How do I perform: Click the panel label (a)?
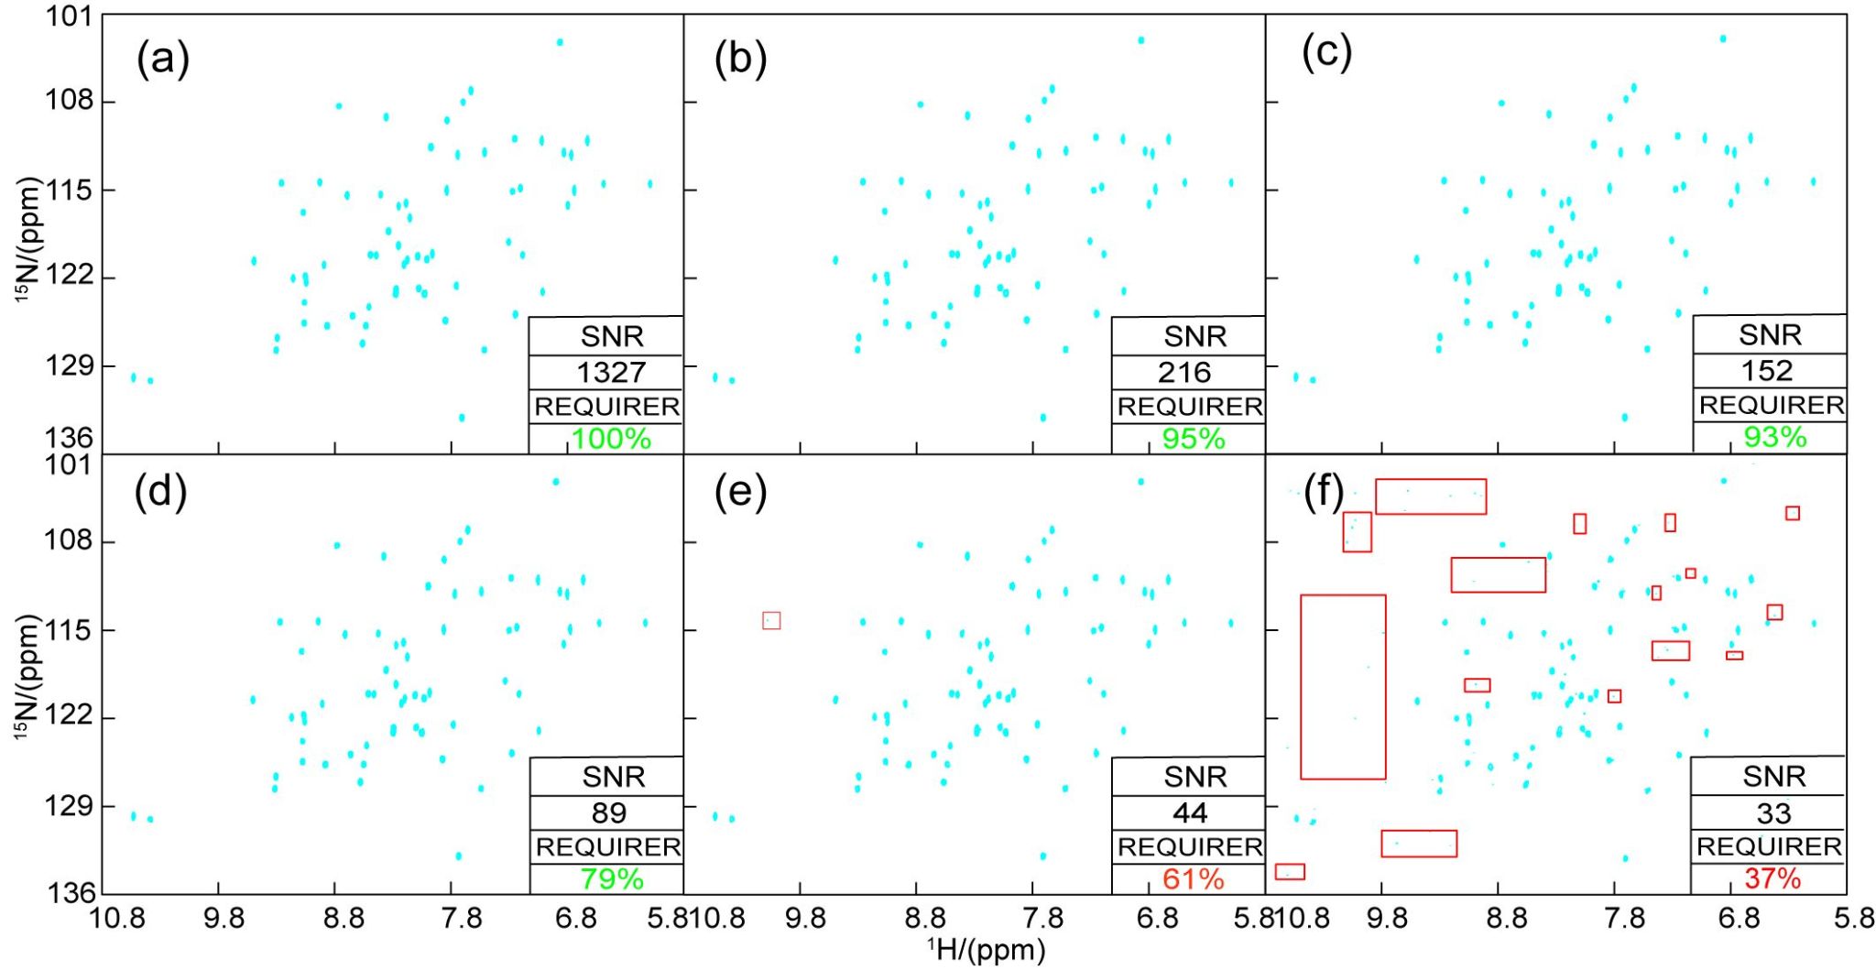click(163, 60)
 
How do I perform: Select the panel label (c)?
click(1326, 53)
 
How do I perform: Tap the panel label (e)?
click(740, 492)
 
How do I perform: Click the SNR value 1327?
click(611, 372)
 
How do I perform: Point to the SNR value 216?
click(1184, 372)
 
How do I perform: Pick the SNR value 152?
click(1767, 370)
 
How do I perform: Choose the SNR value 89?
click(609, 812)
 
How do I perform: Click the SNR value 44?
click(1190, 812)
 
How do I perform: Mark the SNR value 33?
click(1773, 812)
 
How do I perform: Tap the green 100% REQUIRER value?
click(611, 439)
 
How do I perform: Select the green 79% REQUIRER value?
click(611, 879)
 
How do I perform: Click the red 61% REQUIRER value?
click(1194, 879)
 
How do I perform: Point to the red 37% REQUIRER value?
click(1772, 878)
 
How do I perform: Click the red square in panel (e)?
click(771, 620)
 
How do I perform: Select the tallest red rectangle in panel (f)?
click(1343, 687)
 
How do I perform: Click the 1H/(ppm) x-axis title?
click(986, 950)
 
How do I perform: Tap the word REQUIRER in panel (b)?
click(1190, 407)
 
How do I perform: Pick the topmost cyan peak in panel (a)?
click(560, 42)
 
